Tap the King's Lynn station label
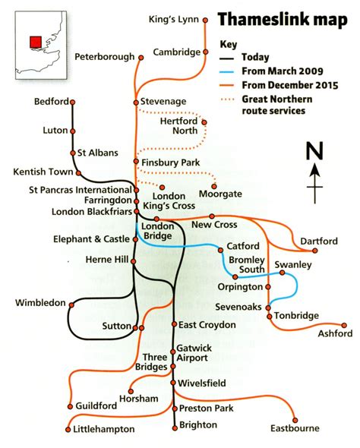[x=172, y=18]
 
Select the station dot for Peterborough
[x=140, y=57]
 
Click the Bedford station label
[x=52, y=102]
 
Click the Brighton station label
[x=199, y=425]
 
